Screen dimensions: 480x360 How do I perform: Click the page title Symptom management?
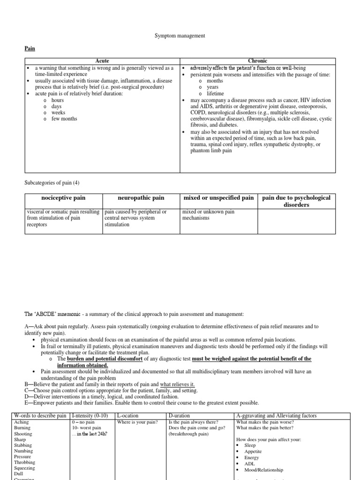point(180,36)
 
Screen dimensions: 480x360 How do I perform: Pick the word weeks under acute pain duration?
point(58,112)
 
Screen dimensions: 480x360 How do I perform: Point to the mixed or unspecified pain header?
point(218,198)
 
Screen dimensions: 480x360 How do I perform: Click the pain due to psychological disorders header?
point(296,201)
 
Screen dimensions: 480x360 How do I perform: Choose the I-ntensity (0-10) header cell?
point(91,416)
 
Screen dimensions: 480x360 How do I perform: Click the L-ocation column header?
point(132,416)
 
